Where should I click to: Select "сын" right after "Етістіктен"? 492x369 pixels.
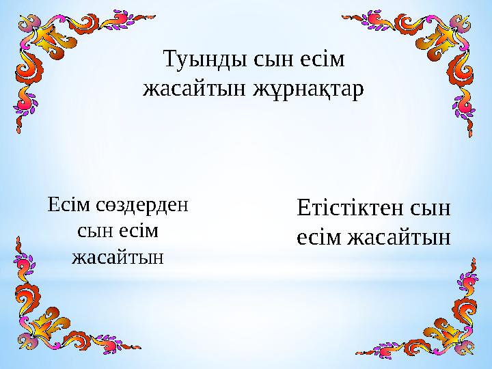pyautogui.click(x=426, y=208)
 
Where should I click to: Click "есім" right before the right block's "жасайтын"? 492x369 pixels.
pyautogui.click(x=320, y=238)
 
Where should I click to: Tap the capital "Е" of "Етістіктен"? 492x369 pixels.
pyautogui.click(x=303, y=208)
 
